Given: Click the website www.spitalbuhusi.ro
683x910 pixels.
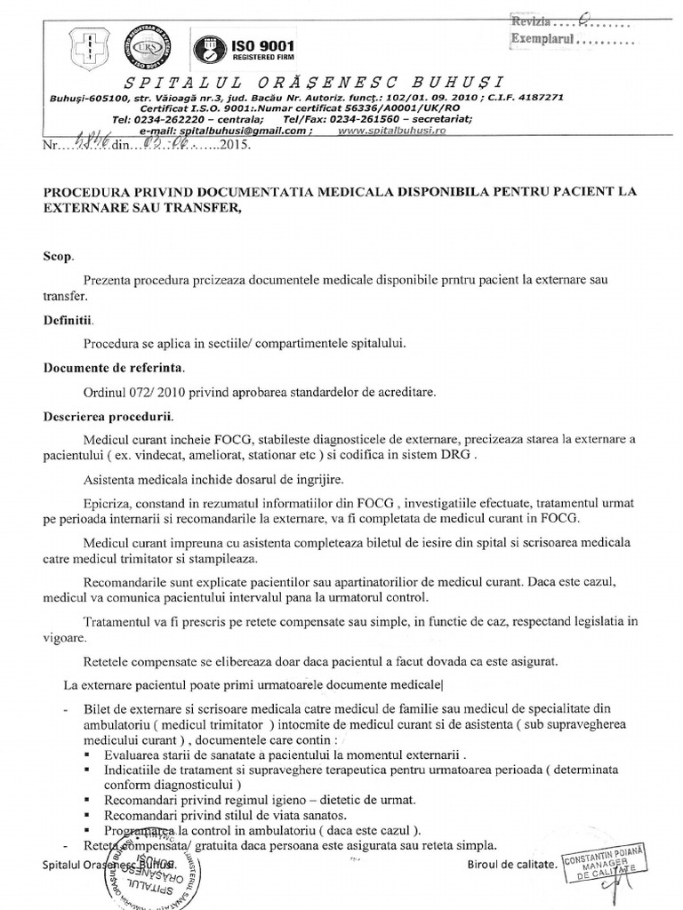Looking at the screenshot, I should click(391, 130).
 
